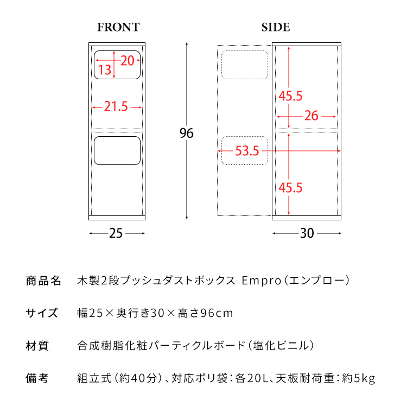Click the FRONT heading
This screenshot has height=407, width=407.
(118, 27)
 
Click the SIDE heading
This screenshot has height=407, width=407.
(275, 27)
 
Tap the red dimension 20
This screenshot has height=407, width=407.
(128, 61)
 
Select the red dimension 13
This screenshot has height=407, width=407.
(105, 69)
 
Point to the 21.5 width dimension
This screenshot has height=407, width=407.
(116, 106)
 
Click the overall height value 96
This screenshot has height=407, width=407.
(186, 133)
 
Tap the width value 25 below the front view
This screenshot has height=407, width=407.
(116, 233)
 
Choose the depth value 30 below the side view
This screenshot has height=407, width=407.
(307, 233)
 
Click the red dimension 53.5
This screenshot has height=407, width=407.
(247, 151)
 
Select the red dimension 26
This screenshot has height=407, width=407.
(311, 116)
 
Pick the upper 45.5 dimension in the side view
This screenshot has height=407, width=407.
(290, 96)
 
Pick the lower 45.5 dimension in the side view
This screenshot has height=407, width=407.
(290, 188)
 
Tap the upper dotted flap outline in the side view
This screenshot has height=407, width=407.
(245, 51)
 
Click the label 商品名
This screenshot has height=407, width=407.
(43, 281)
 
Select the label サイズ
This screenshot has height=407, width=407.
(42, 313)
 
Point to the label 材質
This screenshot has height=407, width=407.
(37, 346)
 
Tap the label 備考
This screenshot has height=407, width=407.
(37, 378)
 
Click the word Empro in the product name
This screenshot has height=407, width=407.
(262, 281)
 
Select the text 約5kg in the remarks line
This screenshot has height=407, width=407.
(359, 378)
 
